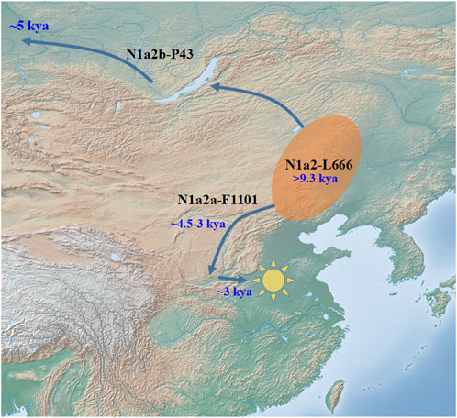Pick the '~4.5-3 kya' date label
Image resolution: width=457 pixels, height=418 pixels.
point(198,223)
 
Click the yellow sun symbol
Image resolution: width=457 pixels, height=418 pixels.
point(273,279)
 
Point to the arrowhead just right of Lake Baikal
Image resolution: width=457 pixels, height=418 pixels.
point(217,87)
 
